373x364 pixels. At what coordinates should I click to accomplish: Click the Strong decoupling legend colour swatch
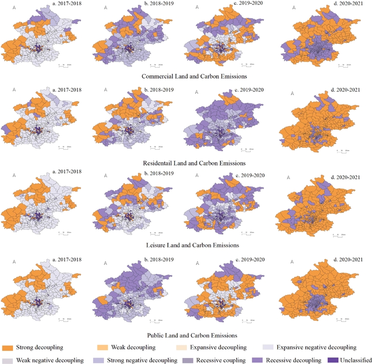tap(7, 348)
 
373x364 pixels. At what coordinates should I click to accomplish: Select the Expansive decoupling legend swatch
tap(182, 348)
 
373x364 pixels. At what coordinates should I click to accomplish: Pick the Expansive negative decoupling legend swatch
tap(268, 348)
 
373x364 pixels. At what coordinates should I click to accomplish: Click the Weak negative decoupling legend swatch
tap(7, 360)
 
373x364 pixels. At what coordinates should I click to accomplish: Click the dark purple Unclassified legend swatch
tap(332, 360)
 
